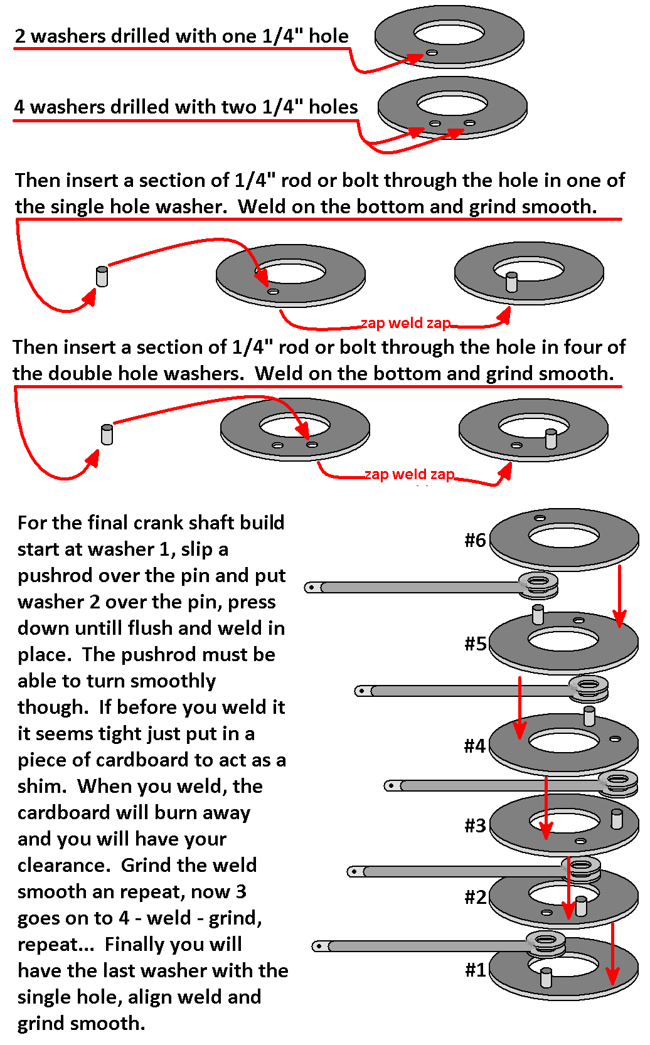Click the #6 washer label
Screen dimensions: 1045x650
tap(475, 540)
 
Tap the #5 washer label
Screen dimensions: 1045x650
tap(475, 644)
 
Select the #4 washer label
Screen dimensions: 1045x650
tap(475, 746)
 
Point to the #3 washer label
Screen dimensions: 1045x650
tap(475, 825)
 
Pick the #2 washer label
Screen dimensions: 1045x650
tap(475, 897)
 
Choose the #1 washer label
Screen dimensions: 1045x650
tap(475, 970)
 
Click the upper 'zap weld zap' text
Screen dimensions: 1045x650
tap(405, 323)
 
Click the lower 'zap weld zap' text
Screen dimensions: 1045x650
tap(409, 474)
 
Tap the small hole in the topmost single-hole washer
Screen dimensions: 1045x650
tap(432, 52)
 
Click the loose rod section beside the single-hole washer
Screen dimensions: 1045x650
tap(102, 276)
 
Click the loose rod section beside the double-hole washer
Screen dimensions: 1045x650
tap(107, 434)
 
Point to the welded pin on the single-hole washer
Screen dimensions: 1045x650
tap(511, 282)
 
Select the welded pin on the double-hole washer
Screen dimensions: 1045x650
tap(551, 438)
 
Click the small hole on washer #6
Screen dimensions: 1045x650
tap(540, 518)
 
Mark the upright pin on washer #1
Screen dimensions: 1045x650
tap(546, 977)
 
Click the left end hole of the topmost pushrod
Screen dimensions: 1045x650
tap(312, 588)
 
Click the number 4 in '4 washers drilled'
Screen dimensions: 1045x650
tap(19, 107)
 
